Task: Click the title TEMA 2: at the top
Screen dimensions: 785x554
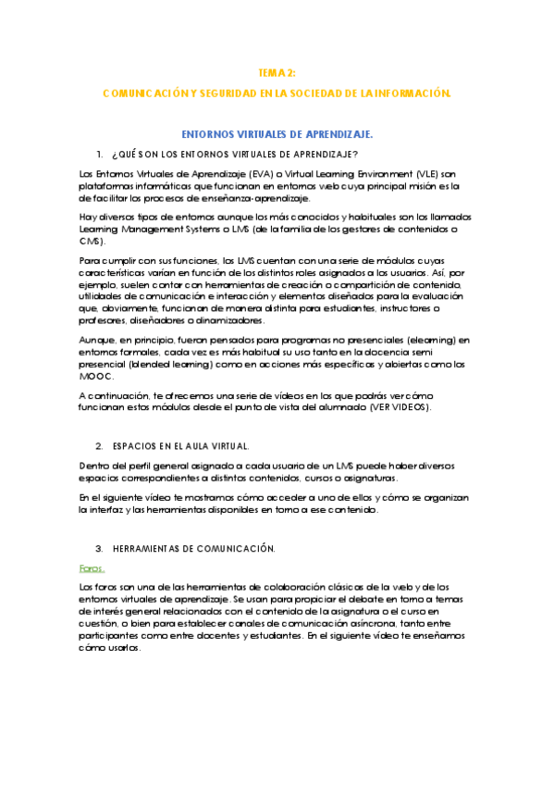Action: (277, 72)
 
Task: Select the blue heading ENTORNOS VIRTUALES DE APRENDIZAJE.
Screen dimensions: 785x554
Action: (277, 134)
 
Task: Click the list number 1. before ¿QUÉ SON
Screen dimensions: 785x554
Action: (99, 154)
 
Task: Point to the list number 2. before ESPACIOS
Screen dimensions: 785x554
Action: (99, 446)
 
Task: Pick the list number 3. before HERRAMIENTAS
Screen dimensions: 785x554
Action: (99, 549)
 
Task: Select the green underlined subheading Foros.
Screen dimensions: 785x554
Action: (92, 568)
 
